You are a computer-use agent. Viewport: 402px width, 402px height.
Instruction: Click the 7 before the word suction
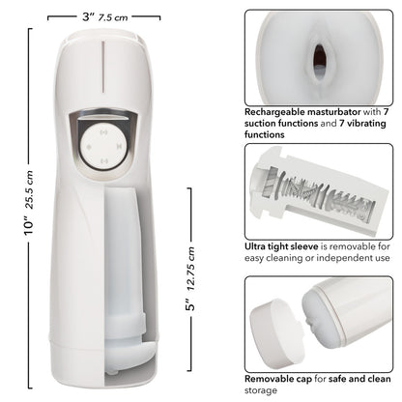click(388, 112)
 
